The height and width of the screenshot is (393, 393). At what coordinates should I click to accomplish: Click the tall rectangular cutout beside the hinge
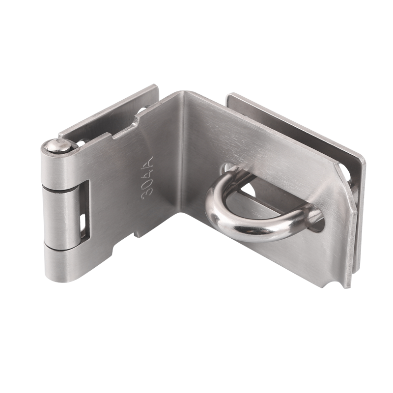pos(85,209)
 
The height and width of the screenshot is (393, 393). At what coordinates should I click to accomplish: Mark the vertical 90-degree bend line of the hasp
pos(183,153)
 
